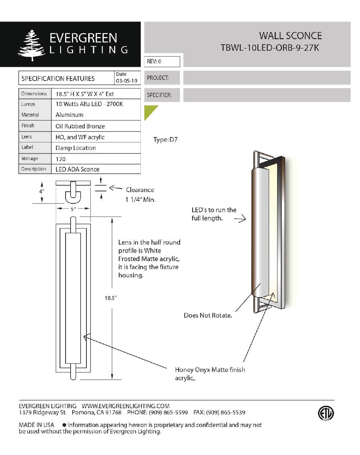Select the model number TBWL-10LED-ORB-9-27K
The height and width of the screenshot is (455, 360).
270,48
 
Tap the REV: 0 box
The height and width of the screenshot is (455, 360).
162,62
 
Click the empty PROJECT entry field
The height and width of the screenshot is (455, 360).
266,78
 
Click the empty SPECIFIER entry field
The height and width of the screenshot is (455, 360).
266,95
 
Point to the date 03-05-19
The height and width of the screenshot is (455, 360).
126,81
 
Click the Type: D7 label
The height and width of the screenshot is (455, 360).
165,140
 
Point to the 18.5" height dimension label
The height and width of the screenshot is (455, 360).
111,298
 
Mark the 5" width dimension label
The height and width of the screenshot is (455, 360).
73,209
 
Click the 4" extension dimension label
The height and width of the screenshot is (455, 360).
42,191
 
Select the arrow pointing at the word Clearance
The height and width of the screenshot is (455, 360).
116,188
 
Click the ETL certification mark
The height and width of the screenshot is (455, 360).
326,413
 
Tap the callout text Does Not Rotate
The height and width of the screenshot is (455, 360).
208,315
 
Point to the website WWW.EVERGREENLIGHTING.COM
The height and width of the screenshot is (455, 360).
126,406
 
